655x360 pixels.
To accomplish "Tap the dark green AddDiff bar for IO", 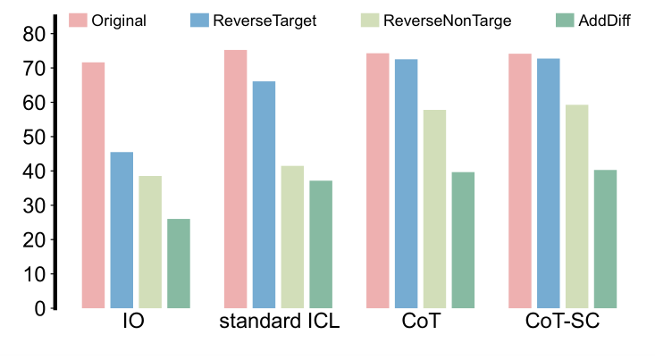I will click(x=179, y=264).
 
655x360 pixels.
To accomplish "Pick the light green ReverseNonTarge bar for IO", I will click(x=150, y=242).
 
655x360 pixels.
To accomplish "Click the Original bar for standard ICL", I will click(x=235, y=179).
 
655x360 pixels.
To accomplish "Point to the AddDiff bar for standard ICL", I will click(x=321, y=245).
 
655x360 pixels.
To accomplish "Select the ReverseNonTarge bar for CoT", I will click(x=434, y=209).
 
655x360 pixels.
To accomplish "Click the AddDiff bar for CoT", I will click(x=463, y=240).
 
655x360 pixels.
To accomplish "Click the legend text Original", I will click(x=118, y=20).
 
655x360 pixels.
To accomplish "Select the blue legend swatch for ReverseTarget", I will click(x=198, y=20).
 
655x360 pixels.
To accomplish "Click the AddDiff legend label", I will click(x=605, y=20).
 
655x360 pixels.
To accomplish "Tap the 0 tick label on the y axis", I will click(x=39, y=308).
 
